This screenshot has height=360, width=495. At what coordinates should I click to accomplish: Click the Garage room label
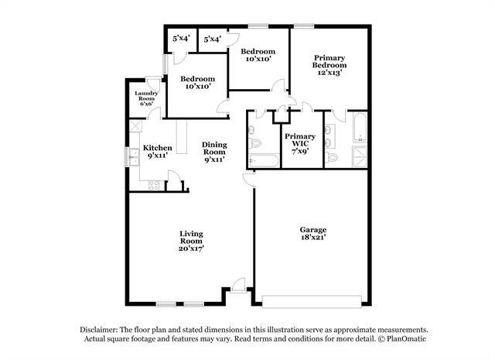[x=312, y=234]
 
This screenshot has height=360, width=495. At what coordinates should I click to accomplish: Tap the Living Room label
[x=191, y=241]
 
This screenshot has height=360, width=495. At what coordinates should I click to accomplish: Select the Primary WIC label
[x=300, y=143]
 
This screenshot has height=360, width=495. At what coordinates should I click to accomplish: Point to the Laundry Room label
[x=146, y=98]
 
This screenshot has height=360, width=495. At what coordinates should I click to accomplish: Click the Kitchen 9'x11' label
[x=157, y=152]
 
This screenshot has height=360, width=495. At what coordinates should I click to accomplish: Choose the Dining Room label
[x=214, y=152]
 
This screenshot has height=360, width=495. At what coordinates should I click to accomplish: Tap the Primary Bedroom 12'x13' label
[x=329, y=65]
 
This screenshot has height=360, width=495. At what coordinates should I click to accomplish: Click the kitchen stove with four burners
[x=154, y=186]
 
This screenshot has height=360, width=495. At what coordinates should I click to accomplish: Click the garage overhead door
[x=312, y=301]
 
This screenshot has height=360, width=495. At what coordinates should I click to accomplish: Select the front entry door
[x=238, y=286]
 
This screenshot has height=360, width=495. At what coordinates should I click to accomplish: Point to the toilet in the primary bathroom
[x=331, y=156]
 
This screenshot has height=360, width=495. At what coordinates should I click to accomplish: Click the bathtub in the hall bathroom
[x=264, y=160]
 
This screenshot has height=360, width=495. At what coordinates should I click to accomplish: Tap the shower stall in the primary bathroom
[x=359, y=156]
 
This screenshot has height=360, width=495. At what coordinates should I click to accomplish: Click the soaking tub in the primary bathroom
[x=359, y=127]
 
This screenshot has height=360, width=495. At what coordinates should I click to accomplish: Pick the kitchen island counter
[x=182, y=136]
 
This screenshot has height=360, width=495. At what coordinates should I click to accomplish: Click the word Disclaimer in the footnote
[x=99, y=330]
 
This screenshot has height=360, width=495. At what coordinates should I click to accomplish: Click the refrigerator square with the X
[x=136, y=125]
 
